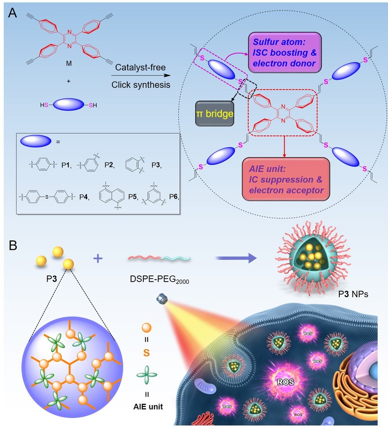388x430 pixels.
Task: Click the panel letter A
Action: [x=14, y=14]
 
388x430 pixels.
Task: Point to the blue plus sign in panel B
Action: [x=99, y=259]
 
